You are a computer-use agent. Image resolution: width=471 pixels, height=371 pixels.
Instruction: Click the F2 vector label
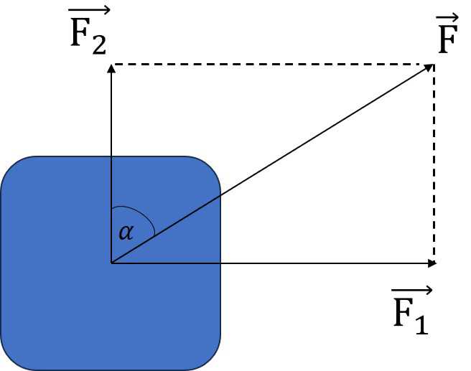tap(88, 32)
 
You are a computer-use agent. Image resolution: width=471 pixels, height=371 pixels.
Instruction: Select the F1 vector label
tap(411, 312)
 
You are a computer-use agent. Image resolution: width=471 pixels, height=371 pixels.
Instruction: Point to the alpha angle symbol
tap(126, 232)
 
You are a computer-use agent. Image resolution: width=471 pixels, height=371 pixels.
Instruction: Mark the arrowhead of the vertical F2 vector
tap(111, 68)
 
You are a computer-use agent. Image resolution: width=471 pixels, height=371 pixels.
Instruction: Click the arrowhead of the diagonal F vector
tap(429, 67)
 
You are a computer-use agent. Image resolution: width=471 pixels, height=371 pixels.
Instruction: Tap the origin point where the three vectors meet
tap(111, 263)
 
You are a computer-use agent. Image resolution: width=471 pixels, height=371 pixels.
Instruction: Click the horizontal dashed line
tap(273, 65)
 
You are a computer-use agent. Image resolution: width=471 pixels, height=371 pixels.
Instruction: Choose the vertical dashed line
tap(434, 165)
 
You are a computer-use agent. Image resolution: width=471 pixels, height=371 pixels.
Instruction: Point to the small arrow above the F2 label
tap(90, 10)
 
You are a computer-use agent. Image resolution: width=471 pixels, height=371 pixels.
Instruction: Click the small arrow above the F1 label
tap(411, 290)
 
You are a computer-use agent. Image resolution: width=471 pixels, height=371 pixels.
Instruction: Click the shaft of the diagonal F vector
tap(273, 164)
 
